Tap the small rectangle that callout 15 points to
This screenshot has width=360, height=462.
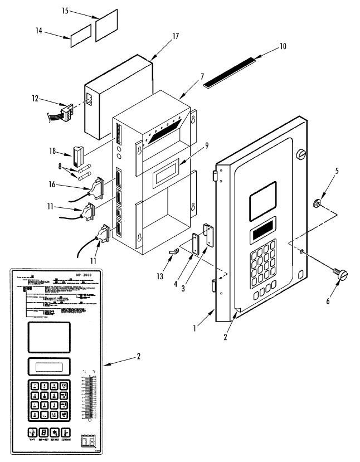pos(107,25)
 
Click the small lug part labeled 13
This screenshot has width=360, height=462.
pos(172,253)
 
